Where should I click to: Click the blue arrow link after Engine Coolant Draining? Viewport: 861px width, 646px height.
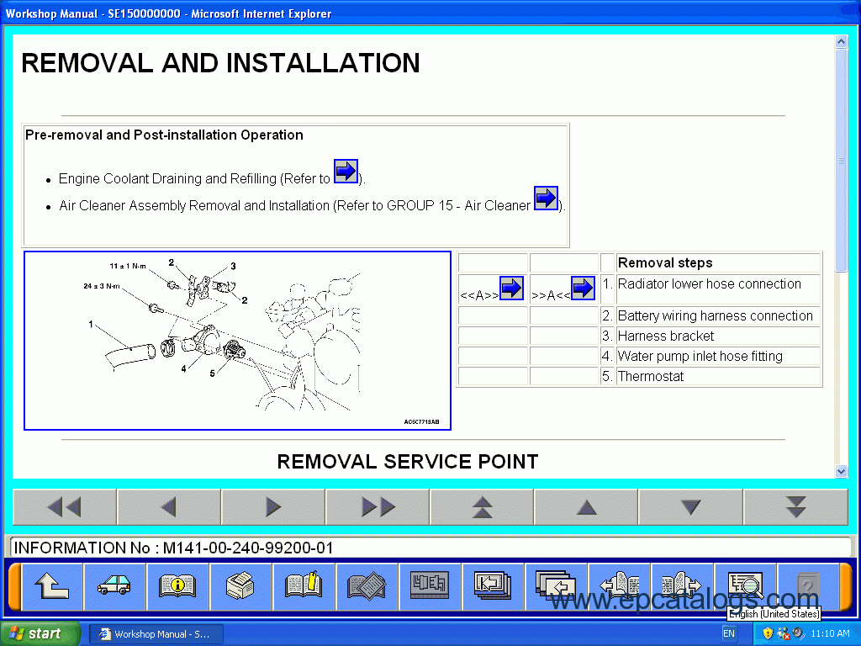[346, 172]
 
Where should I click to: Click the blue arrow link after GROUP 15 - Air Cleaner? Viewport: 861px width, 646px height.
[546, 198]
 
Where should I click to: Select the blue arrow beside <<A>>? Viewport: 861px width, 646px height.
[511, 288]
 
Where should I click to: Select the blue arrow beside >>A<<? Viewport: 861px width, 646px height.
[584, 288]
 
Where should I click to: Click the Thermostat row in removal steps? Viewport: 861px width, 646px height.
[651, 376]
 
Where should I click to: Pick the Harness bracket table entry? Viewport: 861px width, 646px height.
[666, 336]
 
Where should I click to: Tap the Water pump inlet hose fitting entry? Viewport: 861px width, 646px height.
[700, 356]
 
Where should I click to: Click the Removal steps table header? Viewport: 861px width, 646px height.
[665, 262]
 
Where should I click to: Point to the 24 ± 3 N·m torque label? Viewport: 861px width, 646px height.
[102, 286]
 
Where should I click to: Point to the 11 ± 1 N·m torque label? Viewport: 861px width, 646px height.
[128, 267]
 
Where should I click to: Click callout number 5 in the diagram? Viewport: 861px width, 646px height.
[212, 373]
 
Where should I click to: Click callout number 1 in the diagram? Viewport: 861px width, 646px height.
[91, 324]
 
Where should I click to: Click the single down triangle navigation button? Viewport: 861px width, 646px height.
[690, 507]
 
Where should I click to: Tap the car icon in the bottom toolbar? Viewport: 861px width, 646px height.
[114, 585]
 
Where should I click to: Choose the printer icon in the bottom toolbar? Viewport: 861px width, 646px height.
[240, 585]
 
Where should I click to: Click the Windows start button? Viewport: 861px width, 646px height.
[39, 633]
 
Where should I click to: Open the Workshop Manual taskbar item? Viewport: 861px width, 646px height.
[156, 634]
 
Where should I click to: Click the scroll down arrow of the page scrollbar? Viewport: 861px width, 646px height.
[841, 471]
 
